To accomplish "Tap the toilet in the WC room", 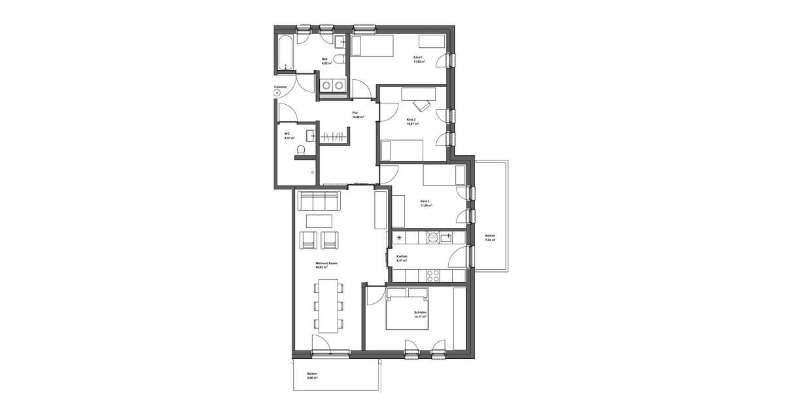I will click(x=300, y=151).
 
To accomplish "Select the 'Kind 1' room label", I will click(x=418, y=58).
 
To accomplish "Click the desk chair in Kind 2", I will click(x=420, y=106).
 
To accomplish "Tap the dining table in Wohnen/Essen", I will click(x=328, y=305).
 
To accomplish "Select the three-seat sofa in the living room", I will click(x=319, y=200).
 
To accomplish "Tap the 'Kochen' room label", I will click(x=402, y=256).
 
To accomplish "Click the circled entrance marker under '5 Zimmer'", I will click(x=277, y=93).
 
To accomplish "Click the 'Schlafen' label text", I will click(x=420, y=313).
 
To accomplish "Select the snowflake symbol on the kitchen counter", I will click(x=398, y=237).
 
